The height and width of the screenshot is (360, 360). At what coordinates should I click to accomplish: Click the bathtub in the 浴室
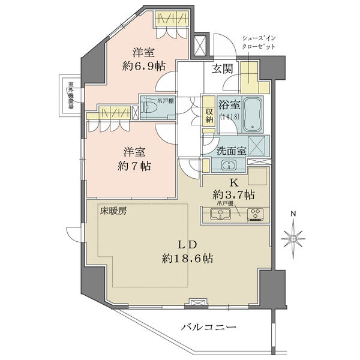point(253,115)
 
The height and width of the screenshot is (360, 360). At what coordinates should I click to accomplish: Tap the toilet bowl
point(148,107)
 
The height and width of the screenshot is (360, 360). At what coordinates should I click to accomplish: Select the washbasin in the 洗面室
point(229,165)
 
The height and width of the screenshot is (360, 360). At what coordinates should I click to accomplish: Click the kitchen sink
point(220,214)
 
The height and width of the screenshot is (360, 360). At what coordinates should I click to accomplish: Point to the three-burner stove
point(256,214)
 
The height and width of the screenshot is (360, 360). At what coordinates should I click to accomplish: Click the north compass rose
point(293,238)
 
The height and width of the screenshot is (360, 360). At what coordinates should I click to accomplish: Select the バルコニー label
point(208,327)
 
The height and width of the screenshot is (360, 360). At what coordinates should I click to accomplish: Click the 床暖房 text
point(113,211)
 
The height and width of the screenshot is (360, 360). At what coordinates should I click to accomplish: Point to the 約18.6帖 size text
point(187,259)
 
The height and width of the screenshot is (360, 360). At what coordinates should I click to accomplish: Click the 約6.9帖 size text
point(144,67)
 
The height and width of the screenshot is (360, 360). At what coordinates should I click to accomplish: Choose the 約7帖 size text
point(134,166)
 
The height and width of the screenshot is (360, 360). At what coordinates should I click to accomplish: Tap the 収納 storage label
point(209,115)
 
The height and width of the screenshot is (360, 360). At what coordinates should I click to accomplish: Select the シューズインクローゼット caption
point(259,42)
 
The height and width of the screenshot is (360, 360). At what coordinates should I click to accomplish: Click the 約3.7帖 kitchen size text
point(233,195)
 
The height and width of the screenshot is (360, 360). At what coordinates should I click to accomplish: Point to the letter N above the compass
point(293,214)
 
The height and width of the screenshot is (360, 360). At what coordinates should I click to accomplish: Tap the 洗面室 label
point(232,151)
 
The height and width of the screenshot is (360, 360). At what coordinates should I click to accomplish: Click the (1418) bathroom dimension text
point(230,116)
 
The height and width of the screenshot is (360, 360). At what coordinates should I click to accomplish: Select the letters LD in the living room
point(188,245)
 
